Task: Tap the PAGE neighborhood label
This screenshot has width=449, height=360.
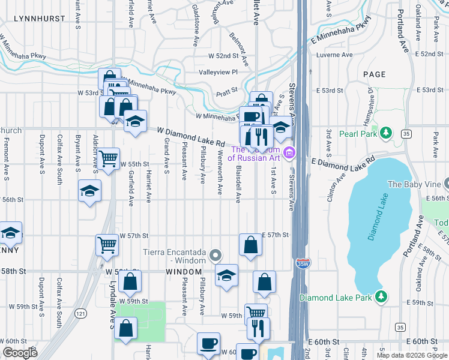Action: coord(374,74)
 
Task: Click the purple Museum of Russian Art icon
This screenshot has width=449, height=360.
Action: coord(289,154)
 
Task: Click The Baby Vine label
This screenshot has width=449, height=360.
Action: coord(414,184)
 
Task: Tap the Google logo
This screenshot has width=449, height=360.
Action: coord(20,353)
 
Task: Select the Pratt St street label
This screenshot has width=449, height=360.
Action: coord(227,90)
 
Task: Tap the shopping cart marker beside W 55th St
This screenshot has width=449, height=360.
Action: coord(108,159)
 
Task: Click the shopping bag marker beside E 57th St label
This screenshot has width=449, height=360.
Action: coord(250,244)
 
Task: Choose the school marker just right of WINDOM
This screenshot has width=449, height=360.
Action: coord(226,275)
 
